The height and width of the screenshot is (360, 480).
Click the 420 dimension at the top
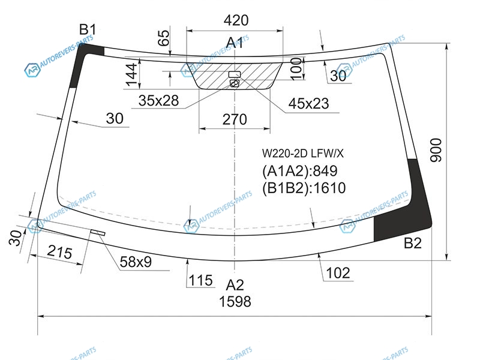236,20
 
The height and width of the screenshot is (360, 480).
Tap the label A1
235,43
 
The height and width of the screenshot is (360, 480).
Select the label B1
88,29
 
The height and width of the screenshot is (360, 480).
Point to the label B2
413,243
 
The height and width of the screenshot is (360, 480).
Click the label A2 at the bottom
235,286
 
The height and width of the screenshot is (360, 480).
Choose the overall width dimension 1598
235,302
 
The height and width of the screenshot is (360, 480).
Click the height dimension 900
436,151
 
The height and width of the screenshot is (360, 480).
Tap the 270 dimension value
235,119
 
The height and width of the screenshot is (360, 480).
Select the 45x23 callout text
308,104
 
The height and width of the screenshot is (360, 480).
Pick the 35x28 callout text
158,100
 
